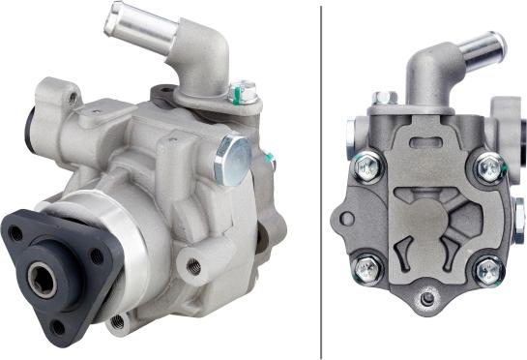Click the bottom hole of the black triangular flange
coord(59,327)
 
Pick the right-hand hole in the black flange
coord(97,256)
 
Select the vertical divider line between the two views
coord(321,180)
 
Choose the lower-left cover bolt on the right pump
coord(367,268)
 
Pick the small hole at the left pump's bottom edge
coord(118,320)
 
